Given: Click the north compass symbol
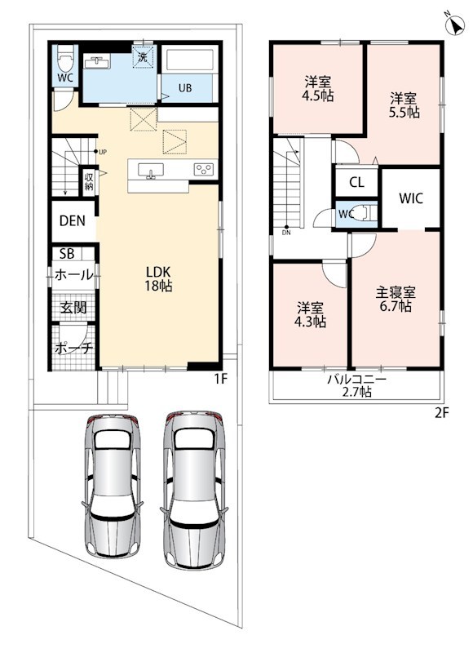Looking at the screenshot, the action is coord(454,25).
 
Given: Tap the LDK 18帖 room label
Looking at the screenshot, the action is coord(158,278).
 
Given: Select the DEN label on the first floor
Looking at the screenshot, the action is coord(73,220).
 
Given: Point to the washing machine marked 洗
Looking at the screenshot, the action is coord(144,56).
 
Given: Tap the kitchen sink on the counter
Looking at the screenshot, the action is coord(150,171).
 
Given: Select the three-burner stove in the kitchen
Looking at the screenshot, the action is coord(204,169).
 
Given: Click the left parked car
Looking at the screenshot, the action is coord(113,486).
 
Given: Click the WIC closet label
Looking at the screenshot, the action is coord(410,198).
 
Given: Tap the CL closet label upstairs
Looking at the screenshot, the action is coord(356,182).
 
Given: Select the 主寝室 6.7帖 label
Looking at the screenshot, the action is coord(396,299).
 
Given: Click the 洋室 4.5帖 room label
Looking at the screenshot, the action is coord(318,88).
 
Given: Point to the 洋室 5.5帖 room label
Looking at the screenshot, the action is coord(404,106).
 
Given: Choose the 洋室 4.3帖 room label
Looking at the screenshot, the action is coord(310,315).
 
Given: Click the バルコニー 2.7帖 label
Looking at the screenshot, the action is coord(356,385).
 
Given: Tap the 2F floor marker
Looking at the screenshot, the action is coord(442,413).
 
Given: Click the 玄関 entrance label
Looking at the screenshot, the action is coord(73,308).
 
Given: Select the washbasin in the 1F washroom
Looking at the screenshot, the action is coord(97,63).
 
